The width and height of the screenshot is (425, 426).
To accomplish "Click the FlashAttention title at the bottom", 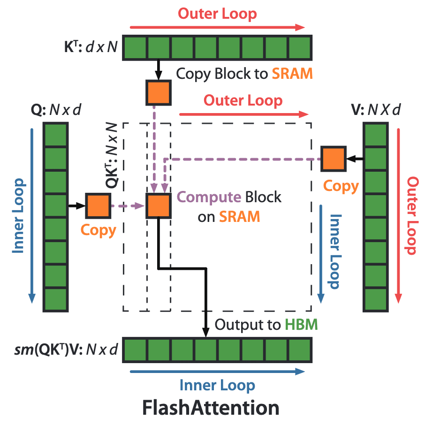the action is (211, 408).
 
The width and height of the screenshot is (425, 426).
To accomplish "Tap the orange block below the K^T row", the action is (159, 92).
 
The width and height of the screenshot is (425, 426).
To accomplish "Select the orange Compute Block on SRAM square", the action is (159, 206).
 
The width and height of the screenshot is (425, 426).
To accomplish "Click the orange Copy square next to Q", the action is (98, 206).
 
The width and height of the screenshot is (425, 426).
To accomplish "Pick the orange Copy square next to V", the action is (334, 159).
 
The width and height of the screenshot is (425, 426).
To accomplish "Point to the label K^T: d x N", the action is (91, 47).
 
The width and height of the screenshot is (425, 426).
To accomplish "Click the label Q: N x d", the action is (56, 110).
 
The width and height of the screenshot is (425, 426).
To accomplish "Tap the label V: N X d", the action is (376, 110).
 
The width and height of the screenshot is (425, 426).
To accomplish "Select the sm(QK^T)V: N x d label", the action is (66, 350).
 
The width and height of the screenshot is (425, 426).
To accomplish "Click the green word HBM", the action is (301, 324).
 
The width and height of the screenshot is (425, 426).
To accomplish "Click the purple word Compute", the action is (209, 197).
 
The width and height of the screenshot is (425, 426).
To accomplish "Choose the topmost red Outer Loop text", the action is (217, 14).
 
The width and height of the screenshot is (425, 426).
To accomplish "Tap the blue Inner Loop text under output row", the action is (217, 385).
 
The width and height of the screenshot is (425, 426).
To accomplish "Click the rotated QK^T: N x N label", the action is (112, 155).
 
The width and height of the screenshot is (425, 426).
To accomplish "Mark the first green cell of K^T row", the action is (135, 48).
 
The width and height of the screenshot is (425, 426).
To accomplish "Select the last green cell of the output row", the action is (300, 350).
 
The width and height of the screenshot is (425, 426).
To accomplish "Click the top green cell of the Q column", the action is (56, 135).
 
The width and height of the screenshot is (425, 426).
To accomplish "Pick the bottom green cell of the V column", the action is (376, 299).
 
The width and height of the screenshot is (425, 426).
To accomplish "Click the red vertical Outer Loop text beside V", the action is (412, 216).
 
